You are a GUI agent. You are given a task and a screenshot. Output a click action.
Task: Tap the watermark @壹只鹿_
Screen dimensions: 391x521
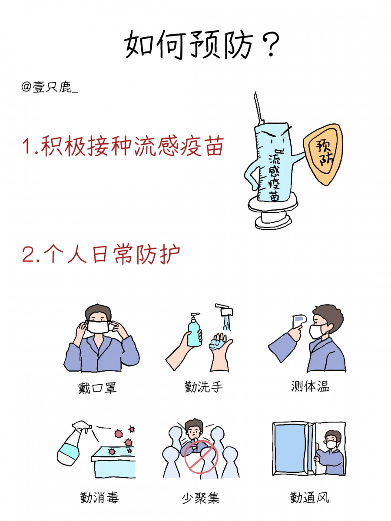click(50, 87)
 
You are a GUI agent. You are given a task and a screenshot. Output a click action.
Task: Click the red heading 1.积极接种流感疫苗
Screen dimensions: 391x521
click(123, 146)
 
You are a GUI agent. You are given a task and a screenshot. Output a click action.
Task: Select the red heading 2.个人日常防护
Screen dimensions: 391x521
click(101, 255)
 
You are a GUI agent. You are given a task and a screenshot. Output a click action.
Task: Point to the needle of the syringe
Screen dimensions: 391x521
click(259, 108)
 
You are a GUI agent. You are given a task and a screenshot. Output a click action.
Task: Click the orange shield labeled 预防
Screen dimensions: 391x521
click(323, 154)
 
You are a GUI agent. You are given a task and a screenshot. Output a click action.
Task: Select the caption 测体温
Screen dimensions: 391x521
click(310, 386)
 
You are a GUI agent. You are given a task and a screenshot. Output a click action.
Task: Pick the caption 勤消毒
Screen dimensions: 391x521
click(99, 497)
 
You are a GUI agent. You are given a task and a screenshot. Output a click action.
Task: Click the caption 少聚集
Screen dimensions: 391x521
click(201, 497)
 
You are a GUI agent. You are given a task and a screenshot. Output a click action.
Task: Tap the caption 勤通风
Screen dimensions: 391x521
click(309, 497)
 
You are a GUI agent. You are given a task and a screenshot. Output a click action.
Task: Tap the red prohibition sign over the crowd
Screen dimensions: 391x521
click(201, 456)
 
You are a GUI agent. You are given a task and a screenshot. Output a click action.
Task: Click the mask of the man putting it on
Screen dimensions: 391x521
click(98, 327)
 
